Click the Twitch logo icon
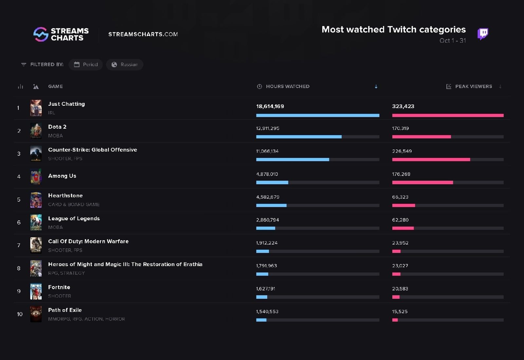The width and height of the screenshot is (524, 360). [482, 34]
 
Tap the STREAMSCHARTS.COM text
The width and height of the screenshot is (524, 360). [143, 34]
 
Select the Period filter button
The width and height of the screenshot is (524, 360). [86, 64]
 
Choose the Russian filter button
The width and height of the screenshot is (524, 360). [125, 64]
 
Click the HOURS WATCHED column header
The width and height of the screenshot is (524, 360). [287, 86]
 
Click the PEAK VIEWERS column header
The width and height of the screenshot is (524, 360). [473, 86]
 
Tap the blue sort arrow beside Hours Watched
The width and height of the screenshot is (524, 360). [376, 86]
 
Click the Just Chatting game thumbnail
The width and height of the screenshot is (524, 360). [36, 108]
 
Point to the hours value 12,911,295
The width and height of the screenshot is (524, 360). [268, 128]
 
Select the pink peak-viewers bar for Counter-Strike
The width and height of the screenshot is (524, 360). [431, 160]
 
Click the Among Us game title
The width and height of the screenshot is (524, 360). [62, 176]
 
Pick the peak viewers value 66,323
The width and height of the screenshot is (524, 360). [400, 197]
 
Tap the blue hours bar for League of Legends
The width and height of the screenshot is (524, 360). [266, 228]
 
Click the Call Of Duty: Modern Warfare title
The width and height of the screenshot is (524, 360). [88, 242]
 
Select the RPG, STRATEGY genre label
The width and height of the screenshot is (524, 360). [66, 273]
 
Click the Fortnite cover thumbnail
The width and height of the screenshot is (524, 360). [36, 291]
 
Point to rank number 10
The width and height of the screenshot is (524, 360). [20, 314]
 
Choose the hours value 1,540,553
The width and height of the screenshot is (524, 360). [267, 312]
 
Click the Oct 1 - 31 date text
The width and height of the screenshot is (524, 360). [453, 41]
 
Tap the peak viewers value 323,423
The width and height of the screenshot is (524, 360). [403, 106]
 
